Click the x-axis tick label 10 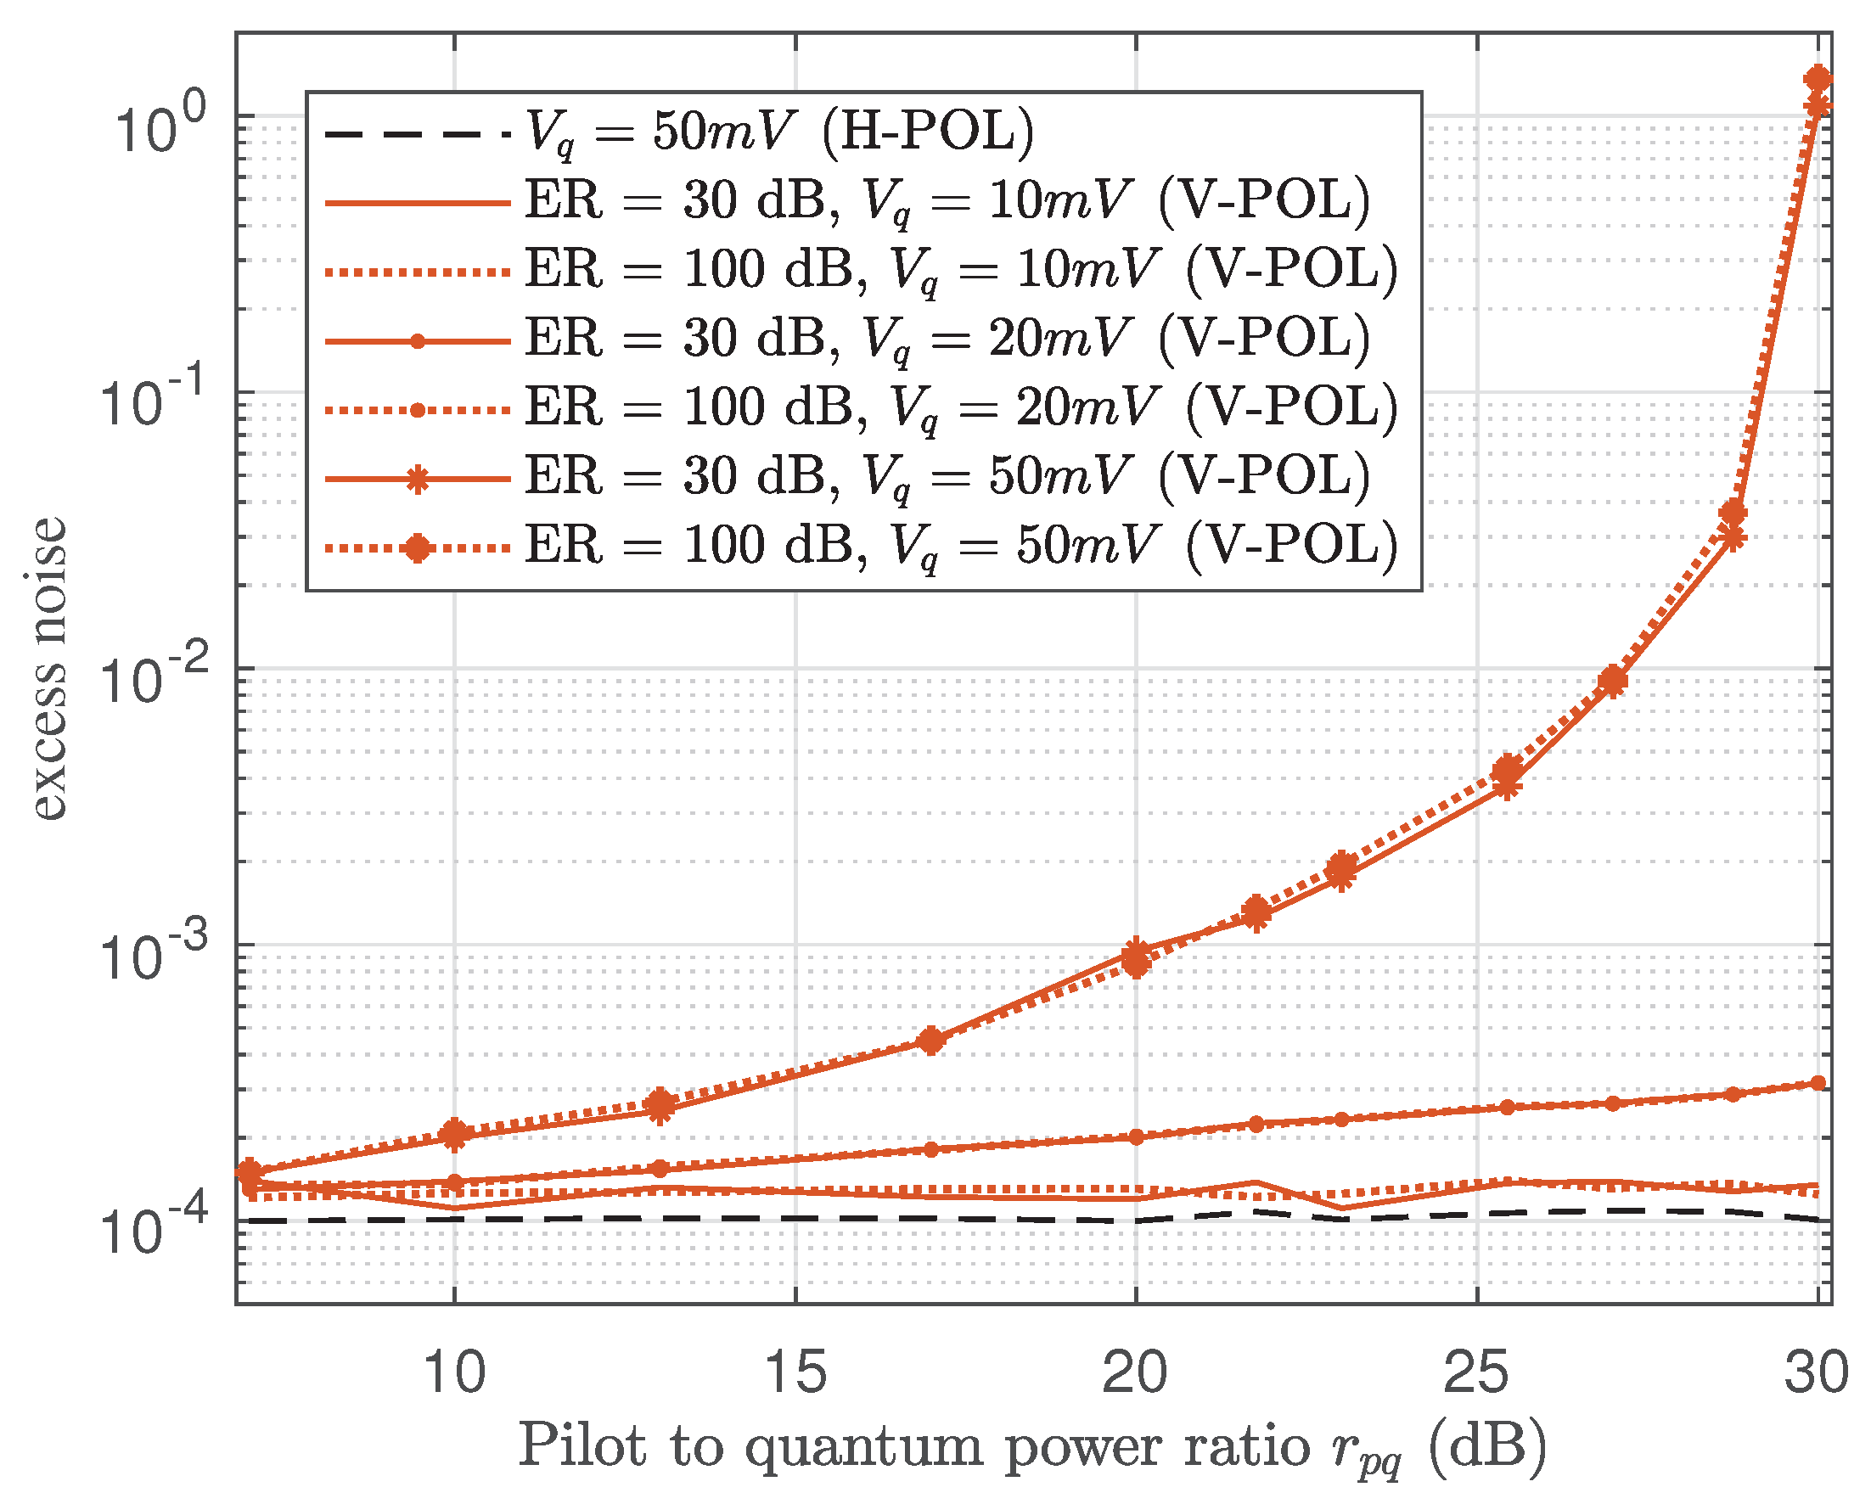pyautogui.click(x=454, y=1373)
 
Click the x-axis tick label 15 pyautogui.click(x=795, y=1373)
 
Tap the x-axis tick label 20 pyautogui.click(x=1135, y=1373)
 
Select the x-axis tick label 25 pyautogui.click(x=1476, y=1373)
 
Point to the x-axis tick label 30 pyautogui.click(x=1816, y=1373)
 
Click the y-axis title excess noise pyautogui.click(x=48, y=667)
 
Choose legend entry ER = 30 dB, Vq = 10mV pyautogui.click(x=947, y=201)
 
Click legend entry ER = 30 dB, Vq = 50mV pyautogui.click(x=947, y=476)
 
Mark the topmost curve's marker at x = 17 pyautogui.click(x=931, y=1040)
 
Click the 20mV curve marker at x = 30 pyautogui.click(x=1818, y=1084)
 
